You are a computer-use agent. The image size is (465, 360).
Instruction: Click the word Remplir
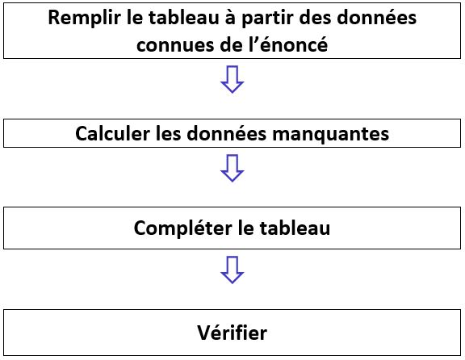(85, 19)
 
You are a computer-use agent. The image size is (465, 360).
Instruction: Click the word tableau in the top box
(183, 17)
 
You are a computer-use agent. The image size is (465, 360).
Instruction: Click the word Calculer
(113, 133)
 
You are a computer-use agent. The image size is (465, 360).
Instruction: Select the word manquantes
(331, 135)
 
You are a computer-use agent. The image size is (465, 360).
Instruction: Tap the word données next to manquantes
(227, 133)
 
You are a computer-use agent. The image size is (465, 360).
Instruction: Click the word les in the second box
(168, 133)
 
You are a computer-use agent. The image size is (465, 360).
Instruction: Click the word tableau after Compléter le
(295, 228)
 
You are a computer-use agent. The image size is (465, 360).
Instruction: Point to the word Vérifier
(232, 333)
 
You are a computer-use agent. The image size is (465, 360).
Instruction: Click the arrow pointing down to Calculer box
(232, 79)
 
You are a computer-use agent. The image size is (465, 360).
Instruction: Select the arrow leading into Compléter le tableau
(232, 168)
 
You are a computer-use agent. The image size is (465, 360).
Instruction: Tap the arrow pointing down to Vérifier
(232, 270)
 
